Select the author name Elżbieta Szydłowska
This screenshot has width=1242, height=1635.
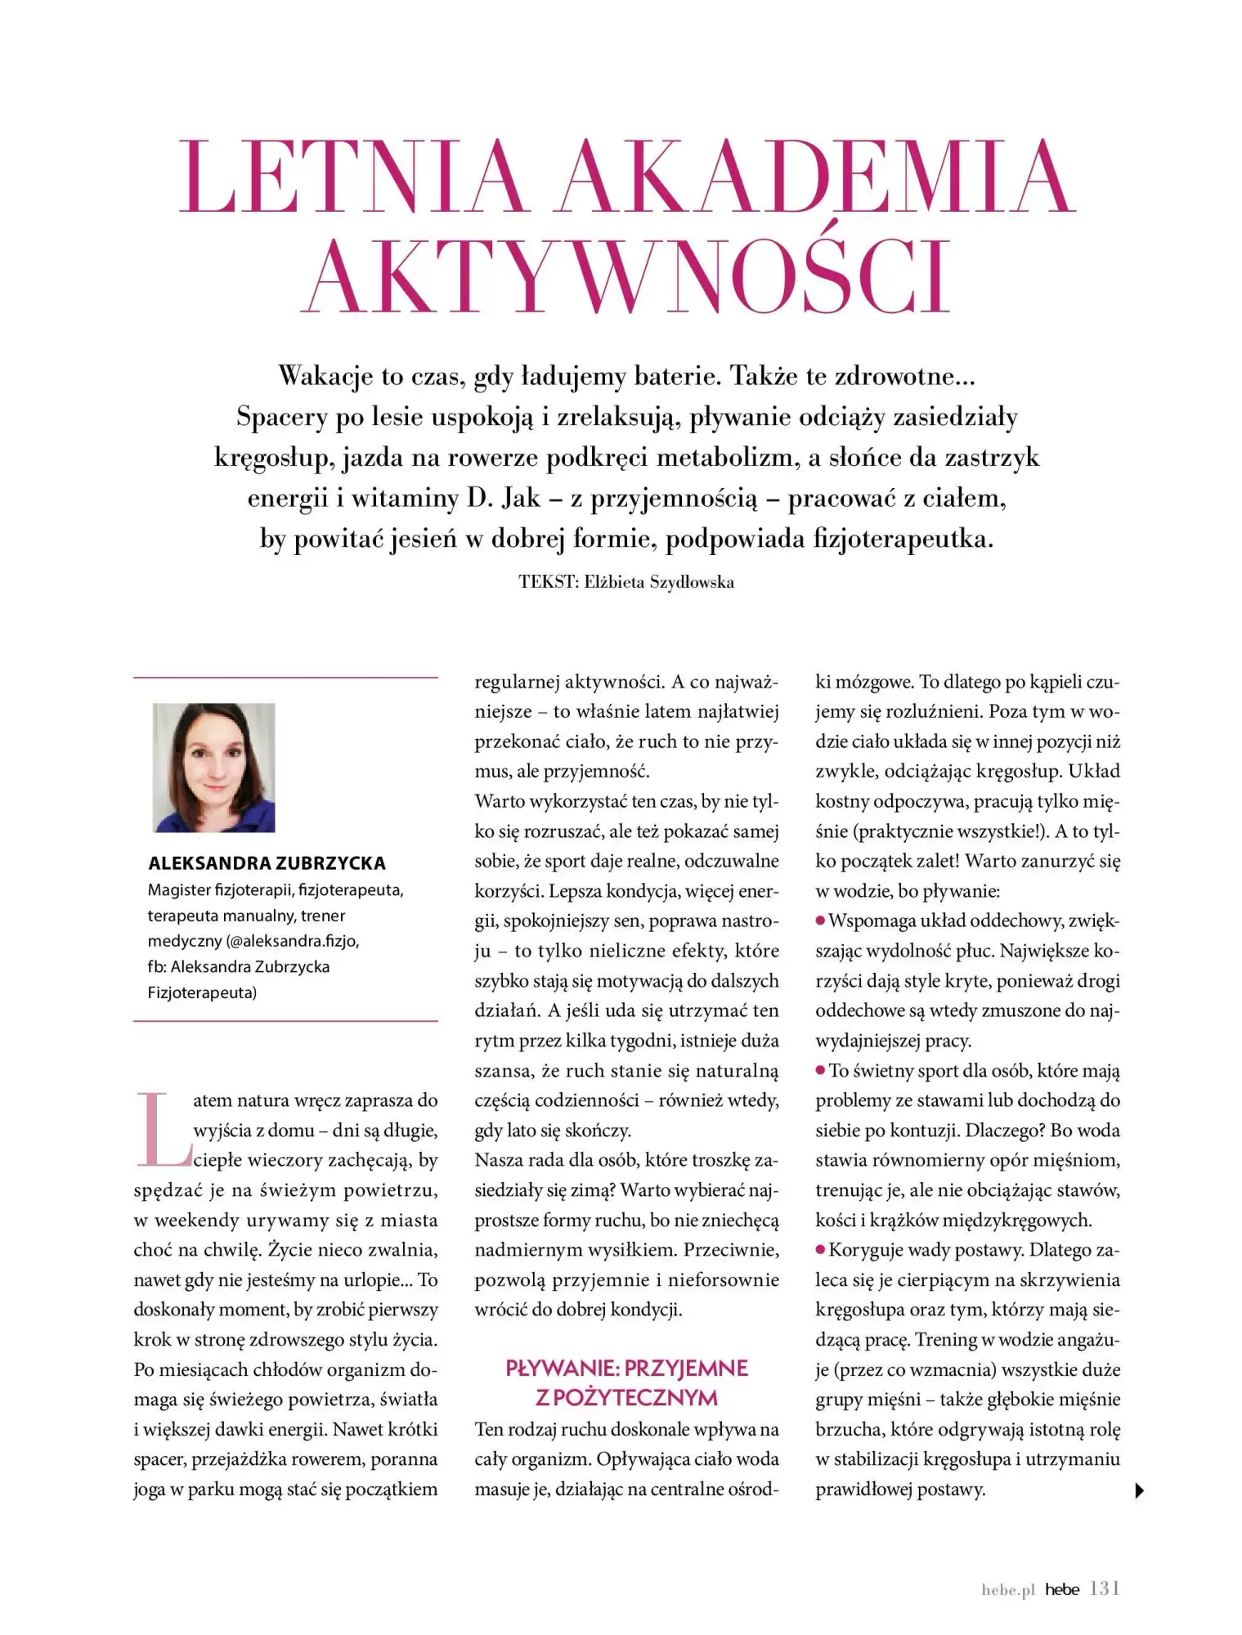point(659,582)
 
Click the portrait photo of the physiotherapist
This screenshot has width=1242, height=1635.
point(214,767)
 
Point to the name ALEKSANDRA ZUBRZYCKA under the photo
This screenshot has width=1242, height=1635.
point(267,863)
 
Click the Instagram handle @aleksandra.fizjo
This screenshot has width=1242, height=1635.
point(293,941)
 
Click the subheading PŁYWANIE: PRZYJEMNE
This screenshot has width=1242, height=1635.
point(626,1368)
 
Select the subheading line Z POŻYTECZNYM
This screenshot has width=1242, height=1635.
point(626,1398)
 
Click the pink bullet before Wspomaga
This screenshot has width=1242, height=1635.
point(820,921)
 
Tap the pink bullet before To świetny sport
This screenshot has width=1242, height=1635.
point(820,1070)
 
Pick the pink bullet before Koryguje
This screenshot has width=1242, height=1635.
point(820,1250)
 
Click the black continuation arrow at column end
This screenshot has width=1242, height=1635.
point(1140,1490)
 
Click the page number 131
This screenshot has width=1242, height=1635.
point(1105,1588)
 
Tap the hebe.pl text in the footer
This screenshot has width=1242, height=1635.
point(1007,1590)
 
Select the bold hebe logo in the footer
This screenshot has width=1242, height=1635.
point(1062,1589)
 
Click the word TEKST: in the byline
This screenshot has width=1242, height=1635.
point(549,582)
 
